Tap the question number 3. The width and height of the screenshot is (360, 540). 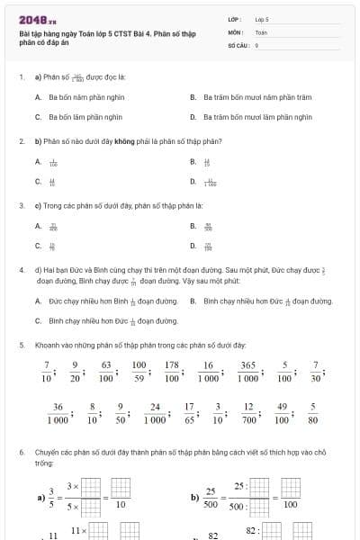pos(21,205)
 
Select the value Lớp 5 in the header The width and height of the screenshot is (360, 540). pos(262,18)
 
